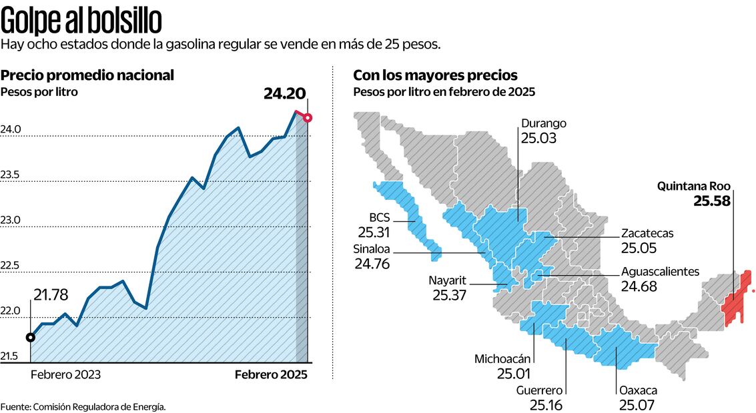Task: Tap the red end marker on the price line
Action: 307,118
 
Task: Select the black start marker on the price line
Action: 30,337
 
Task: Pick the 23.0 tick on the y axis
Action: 10,220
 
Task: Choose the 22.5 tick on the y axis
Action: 10,266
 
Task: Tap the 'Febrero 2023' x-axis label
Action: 65,374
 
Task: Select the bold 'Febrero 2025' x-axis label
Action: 271,374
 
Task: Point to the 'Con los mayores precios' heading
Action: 435,75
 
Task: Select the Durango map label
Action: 544,123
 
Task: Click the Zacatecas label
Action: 647,233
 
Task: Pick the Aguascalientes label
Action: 659,272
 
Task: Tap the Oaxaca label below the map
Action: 638,390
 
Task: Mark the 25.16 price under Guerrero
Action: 546,405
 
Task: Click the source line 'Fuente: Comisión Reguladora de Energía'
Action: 83,406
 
